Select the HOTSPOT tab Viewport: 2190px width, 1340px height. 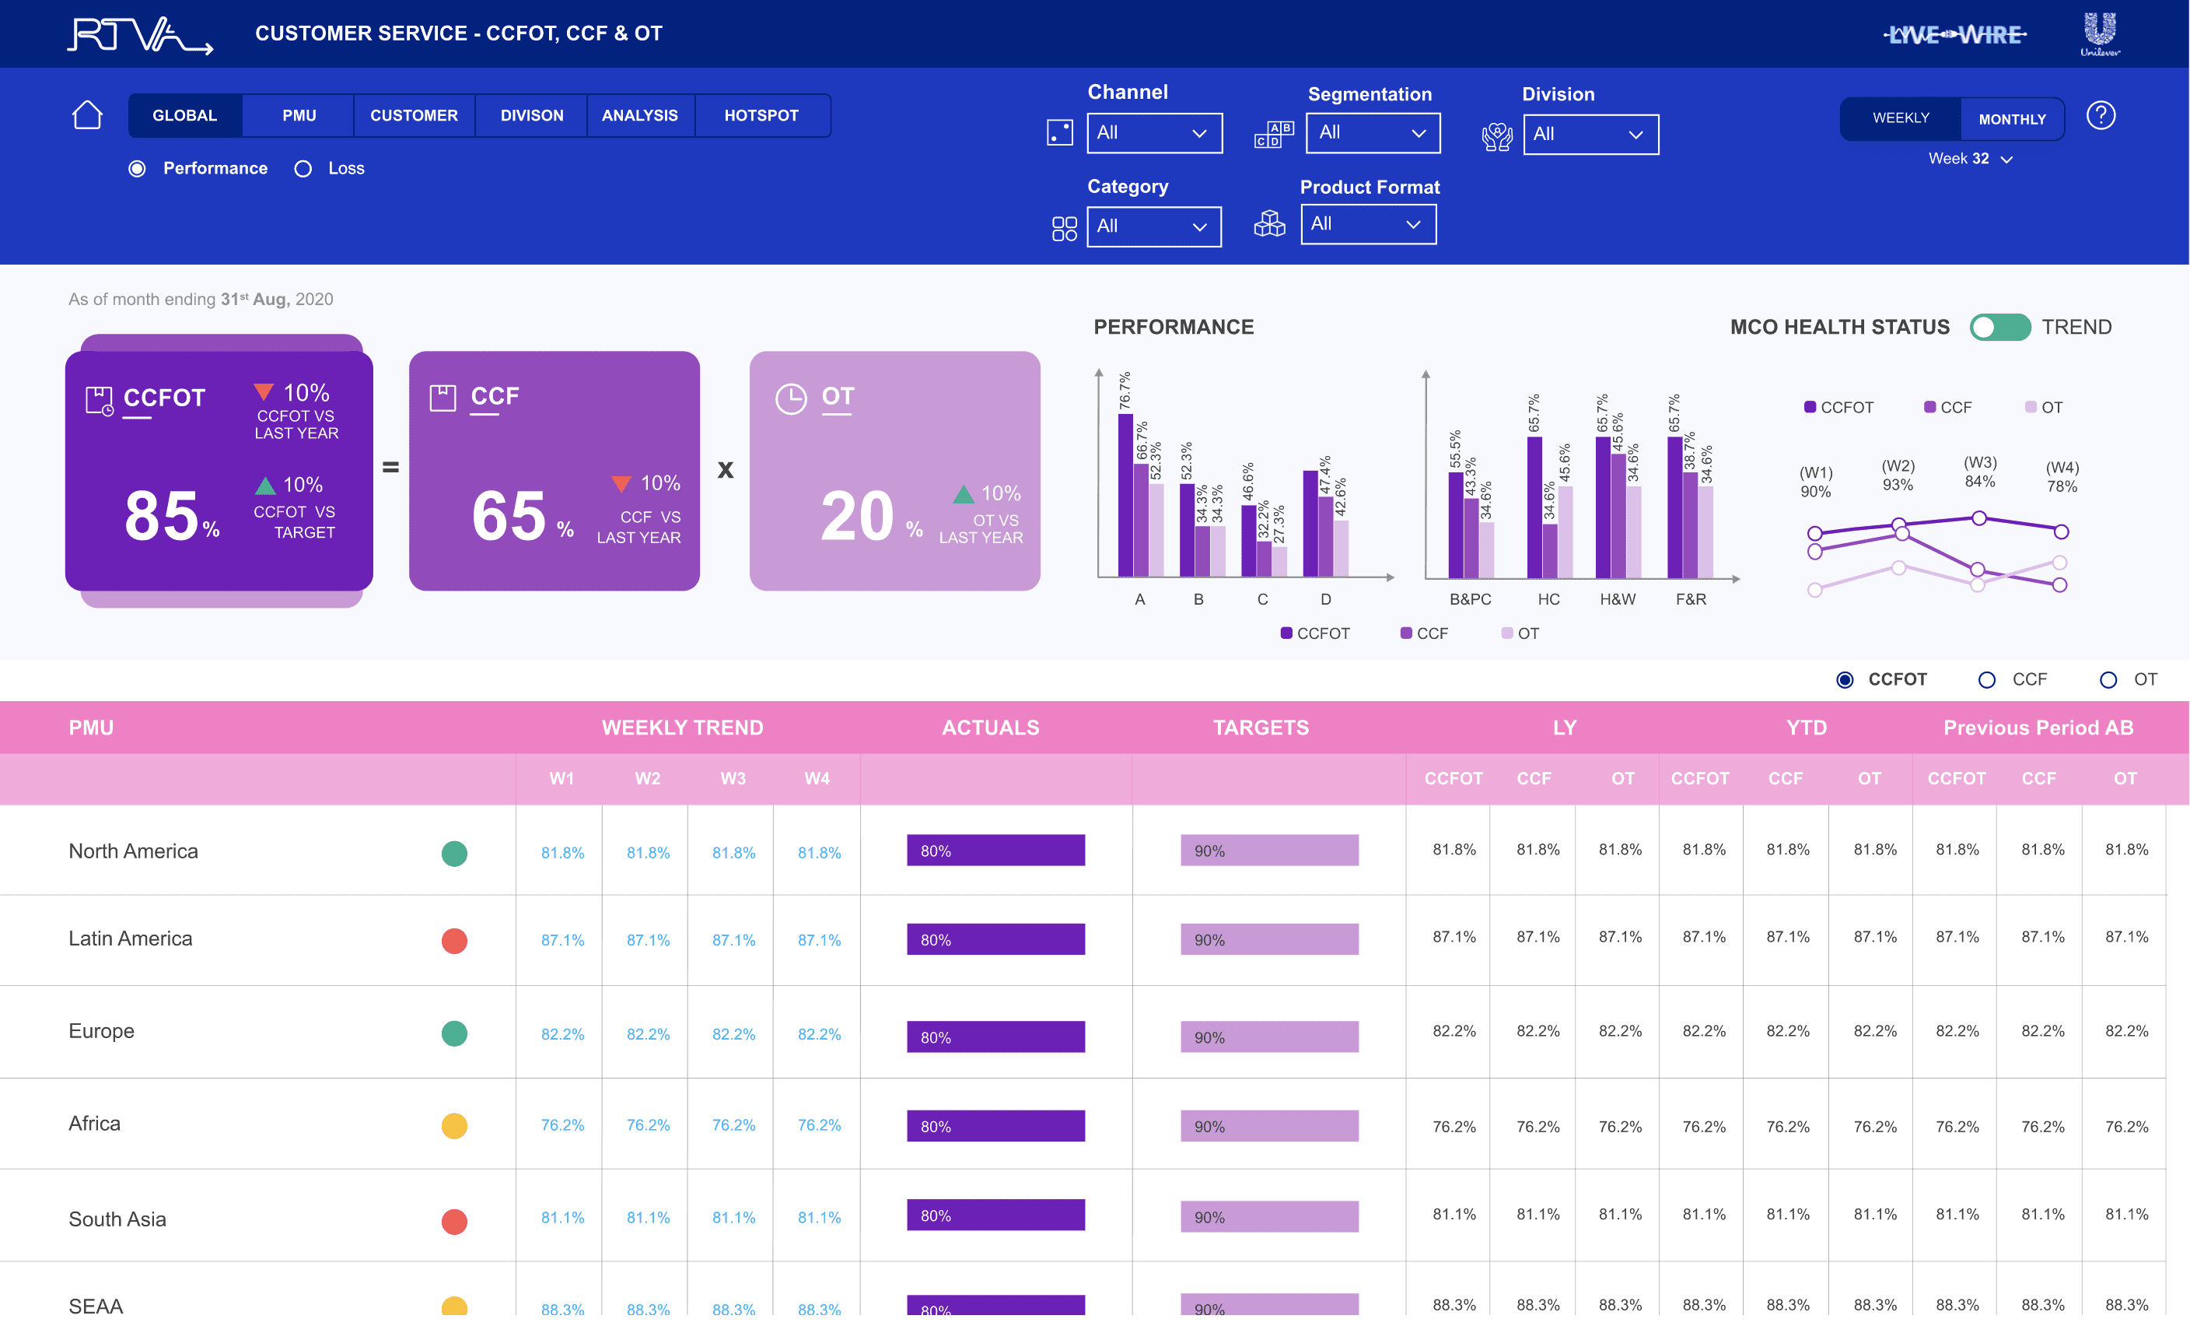pyautogui.click(x=761, y=116)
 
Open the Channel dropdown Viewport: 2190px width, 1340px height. pyautogui.click(x=1153, y=133)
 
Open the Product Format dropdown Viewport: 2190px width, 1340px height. pyautogui.click(x=1368, y=224)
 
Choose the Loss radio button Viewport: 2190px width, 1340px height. pyautogui.click(x=303, y=169)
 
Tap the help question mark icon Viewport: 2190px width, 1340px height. pyautogui.click(x=2101, y=116)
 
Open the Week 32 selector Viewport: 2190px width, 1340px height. pyautogui.click(x=1970, y=160)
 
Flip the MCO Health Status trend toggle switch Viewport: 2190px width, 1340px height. pyautogui.click(x=1999, y=328)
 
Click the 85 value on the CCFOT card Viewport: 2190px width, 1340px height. pyautogui.click(x=161, y=516)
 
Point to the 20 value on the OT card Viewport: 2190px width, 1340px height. pyautogui.click(x=857, y=516)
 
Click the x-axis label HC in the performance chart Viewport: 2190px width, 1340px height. pyautogui.click(x=1548, y=599)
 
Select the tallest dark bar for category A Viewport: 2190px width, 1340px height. pyautogui.click(x=1125, y=495)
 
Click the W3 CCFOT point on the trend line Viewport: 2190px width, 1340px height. pyautogui.click(x=1978, y=517)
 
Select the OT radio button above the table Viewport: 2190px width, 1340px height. pyautogui.click(x=2108, y=680)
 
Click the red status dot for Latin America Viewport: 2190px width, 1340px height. pyautogui.click(x=454, y=941)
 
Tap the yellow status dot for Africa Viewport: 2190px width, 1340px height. pyautogui.click(x=454, y=1126)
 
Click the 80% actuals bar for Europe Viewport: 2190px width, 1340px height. pyautogui.click(x=995, y=1037)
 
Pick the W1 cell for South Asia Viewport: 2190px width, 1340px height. pyautogui.click(x=562, y=1217)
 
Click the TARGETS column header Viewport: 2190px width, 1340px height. pyautogui.click(x=1261, y=728)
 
